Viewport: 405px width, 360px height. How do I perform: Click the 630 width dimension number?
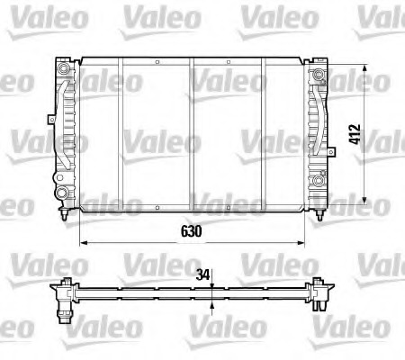coord(188,231)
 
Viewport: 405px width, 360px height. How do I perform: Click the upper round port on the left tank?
coord(62,69)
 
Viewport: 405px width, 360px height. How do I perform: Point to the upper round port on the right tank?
coord(319,72)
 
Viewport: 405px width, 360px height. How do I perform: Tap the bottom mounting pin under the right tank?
coord(320,215)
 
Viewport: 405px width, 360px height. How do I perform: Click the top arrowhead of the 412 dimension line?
coord(364,69)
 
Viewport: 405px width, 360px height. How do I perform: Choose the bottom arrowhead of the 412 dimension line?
coord(364,199)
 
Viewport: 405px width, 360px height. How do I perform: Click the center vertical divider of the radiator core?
coord(192,135)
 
